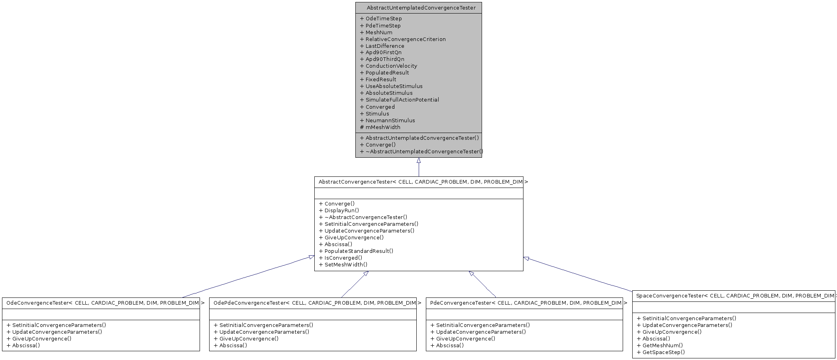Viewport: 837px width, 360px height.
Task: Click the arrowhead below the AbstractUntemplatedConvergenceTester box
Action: [419, 160]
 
